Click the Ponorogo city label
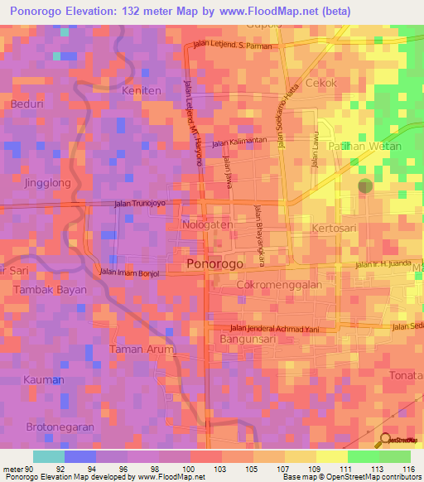pos(214,264)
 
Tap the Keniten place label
pos(139,89)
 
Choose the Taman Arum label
pos(142,349)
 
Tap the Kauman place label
pos(41,379)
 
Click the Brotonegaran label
pos(59,426)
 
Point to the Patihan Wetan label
pos(365,146)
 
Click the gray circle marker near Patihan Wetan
pos(365,186)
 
